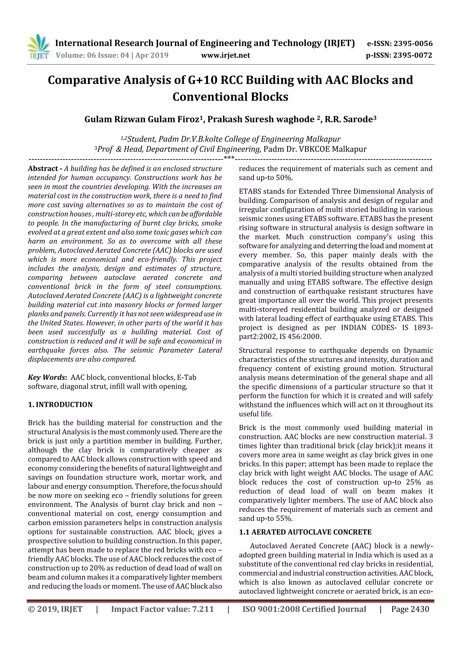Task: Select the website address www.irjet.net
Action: tap(226, 55)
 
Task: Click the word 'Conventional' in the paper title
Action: tap(209, 97)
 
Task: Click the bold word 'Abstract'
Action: tap(43, 169)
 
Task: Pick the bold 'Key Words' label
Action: tap(47, 377)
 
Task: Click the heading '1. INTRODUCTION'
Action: tap(60, 405)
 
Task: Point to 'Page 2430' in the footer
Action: tap(410, 609)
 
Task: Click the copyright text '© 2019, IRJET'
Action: tap(55, 609)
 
